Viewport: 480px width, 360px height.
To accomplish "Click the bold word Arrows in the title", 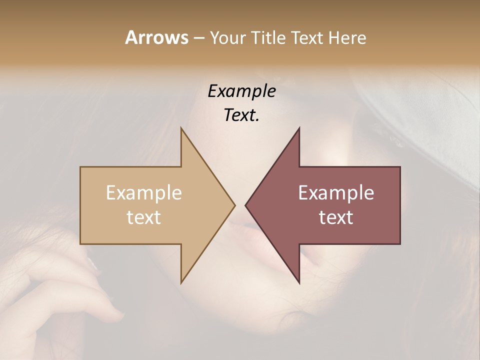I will [x=156, y=37].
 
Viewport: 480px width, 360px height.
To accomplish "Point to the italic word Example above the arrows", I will [x=241, y=91].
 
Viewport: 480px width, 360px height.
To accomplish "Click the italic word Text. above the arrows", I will [x=241, y=115].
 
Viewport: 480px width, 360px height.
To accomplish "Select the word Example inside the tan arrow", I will [x=144, y=193].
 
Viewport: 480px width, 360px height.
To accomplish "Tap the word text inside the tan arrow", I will [x=144, y=217].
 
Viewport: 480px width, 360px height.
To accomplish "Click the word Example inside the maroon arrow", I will [x=336, y=193].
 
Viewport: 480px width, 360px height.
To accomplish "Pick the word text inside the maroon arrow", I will [x=336, y=217].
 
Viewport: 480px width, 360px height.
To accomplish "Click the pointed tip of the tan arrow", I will [x=234, y=205].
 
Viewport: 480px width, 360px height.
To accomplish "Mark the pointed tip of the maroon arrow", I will [x=246, y=205].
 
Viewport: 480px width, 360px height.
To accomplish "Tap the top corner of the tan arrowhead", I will [x=181, y=128].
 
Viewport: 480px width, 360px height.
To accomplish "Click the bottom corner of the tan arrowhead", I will [x=181, y=282].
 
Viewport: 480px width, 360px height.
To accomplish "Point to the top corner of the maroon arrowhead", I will [x=299, y=128].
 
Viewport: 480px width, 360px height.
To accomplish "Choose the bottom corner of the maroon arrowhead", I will [x=299, y=282].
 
